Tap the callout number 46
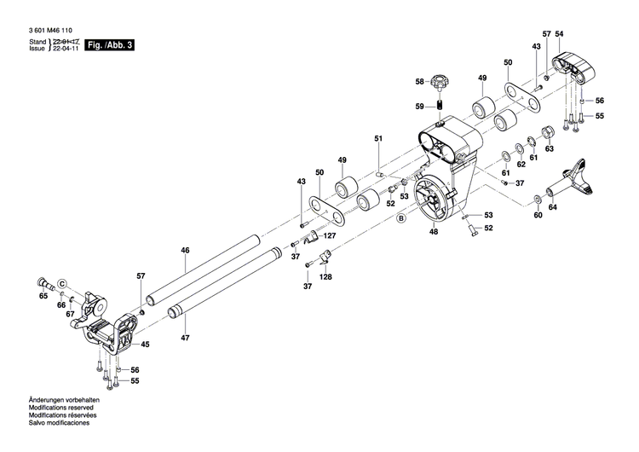point(184,250)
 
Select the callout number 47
point(184,339)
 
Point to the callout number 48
point(434,232)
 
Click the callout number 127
point(330,236)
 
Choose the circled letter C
point(61,283)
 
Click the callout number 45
point(146,345)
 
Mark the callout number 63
point(550,148)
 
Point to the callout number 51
point(379,137)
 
